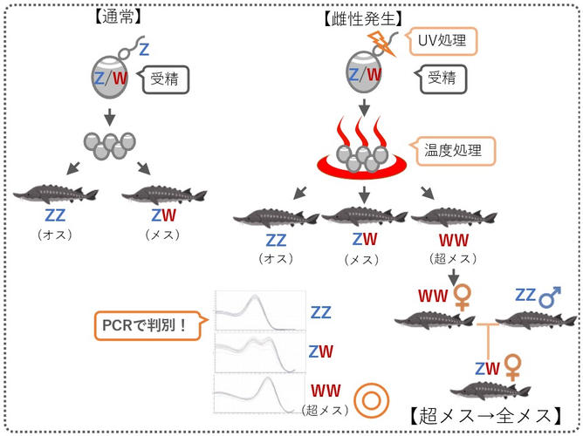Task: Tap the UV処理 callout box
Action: point(443,40)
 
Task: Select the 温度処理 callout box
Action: point(456,149)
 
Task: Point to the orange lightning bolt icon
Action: point(381,42)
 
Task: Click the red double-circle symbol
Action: point(371,402)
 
